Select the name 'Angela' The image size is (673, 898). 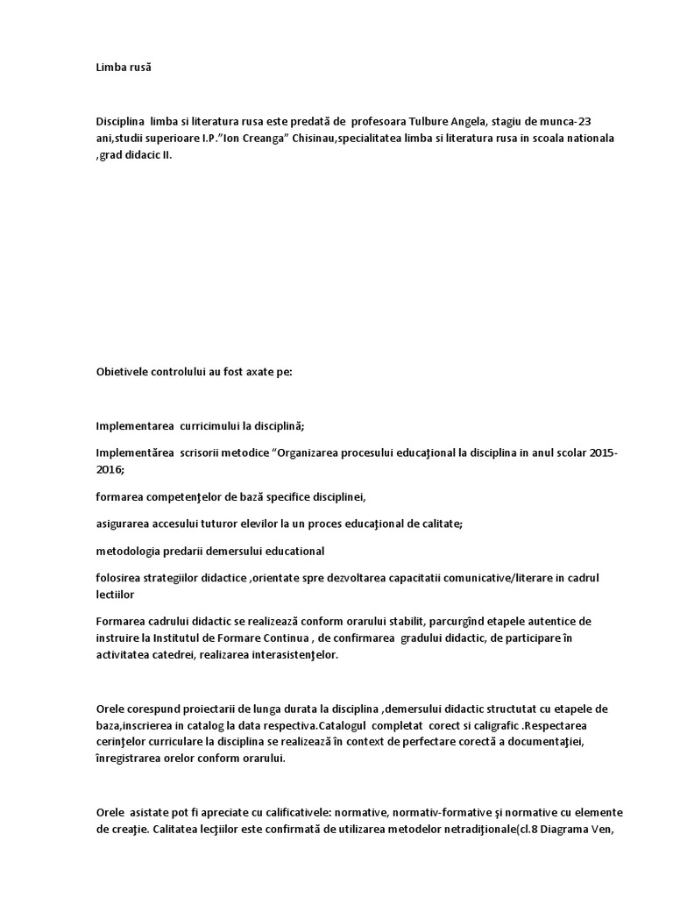(x=474, y=121)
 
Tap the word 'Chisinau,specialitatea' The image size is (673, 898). (x=344, y=139)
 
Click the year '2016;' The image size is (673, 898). (x=110, y=470)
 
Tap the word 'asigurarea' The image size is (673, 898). (x=124, y=524)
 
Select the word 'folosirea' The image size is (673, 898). (x=121, y=578)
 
